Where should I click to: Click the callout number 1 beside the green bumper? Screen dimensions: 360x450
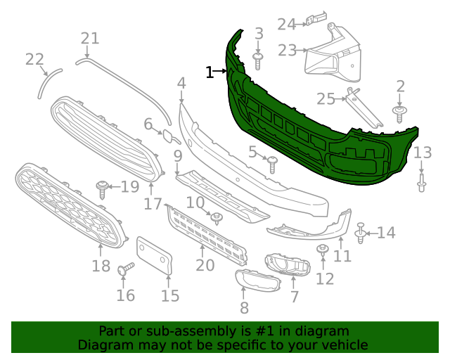tap(209, 71)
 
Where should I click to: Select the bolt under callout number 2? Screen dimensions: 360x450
tap(400, 113)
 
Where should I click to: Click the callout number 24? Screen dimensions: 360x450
tap(286, 25)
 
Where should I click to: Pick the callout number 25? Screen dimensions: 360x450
tap(326, 99)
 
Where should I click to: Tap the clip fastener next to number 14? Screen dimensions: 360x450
tap(361, 232)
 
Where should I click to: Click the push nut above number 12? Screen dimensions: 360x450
tap(323, 250)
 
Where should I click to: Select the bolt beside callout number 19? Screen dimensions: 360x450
tap(103, 187)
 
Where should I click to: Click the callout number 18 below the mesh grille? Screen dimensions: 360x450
tap(101, 266)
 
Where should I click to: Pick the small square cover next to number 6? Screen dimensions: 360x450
tap(171, 137)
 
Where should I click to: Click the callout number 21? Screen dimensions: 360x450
tap(90, 39)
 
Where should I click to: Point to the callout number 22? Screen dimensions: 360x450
tap(34, 60)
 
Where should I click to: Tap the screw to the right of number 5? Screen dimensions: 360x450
tap(273, 164)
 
